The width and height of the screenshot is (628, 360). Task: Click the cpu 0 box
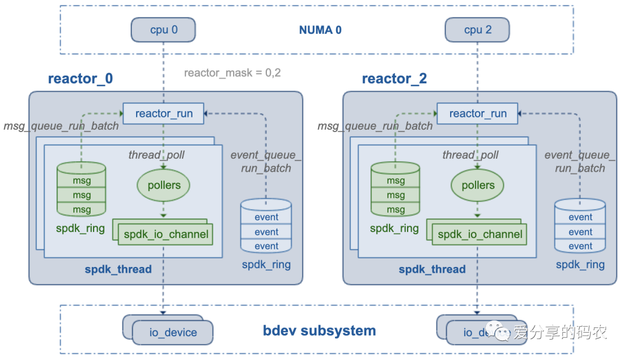pyautogui.click(x=163, y=30)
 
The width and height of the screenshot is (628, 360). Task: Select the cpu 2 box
pyautogui.click(x=477, y=30)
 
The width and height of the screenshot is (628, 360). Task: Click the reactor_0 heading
pyautogui.click(x=80, y=79)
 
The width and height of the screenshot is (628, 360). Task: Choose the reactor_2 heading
pyautogui.click(x=394, y=79)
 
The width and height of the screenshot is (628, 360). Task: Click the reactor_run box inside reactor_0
pyautogui.click(x=164, y=113)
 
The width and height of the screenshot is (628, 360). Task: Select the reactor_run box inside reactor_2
pyautogui.click(x=478, y=113)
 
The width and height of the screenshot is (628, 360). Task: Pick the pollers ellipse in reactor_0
pyautogui.click(x=163, y=186)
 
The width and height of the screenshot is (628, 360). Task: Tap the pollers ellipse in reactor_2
pyautogui.click(x=477, y=186)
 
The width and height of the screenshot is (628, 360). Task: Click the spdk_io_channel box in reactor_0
pyautogui.click(x=166, y=235)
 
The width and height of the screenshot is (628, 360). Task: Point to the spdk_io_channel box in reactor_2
pyautogui.click(x=480, y=235)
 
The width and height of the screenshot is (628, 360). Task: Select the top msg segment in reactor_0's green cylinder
pyautogui.click(x=81, y=180)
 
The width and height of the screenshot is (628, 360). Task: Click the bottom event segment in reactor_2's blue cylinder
pyautogui.click(x=580, y=246)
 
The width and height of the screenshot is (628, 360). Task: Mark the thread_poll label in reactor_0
pyautogui.click(x=156, y=155)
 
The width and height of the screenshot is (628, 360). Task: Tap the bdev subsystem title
pyautogui.click(x=319, y=331)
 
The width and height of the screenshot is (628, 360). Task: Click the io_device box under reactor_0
pyautogui.click(x=173, y=333)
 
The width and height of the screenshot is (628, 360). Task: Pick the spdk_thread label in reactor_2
pyautogui.click(x=432, y=269)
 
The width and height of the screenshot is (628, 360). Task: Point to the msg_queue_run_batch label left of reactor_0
pyautogui.click(x=61, y=126)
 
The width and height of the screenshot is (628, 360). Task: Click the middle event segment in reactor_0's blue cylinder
pyautogui.click(x=266, y=231)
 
